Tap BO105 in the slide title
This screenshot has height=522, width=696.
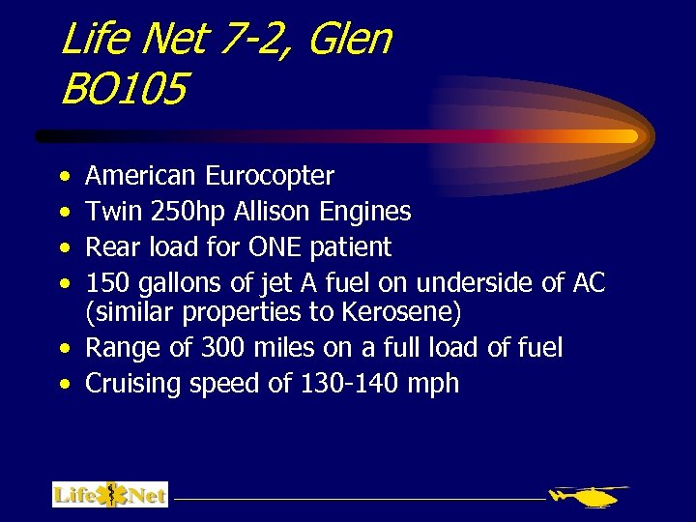[123, 92]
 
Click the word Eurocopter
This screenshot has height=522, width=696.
[270, 177]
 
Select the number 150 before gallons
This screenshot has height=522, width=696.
[109, 283]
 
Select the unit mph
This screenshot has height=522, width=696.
[432, 385]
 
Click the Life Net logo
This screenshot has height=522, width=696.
[110, 495]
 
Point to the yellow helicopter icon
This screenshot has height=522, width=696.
[589, 496]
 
